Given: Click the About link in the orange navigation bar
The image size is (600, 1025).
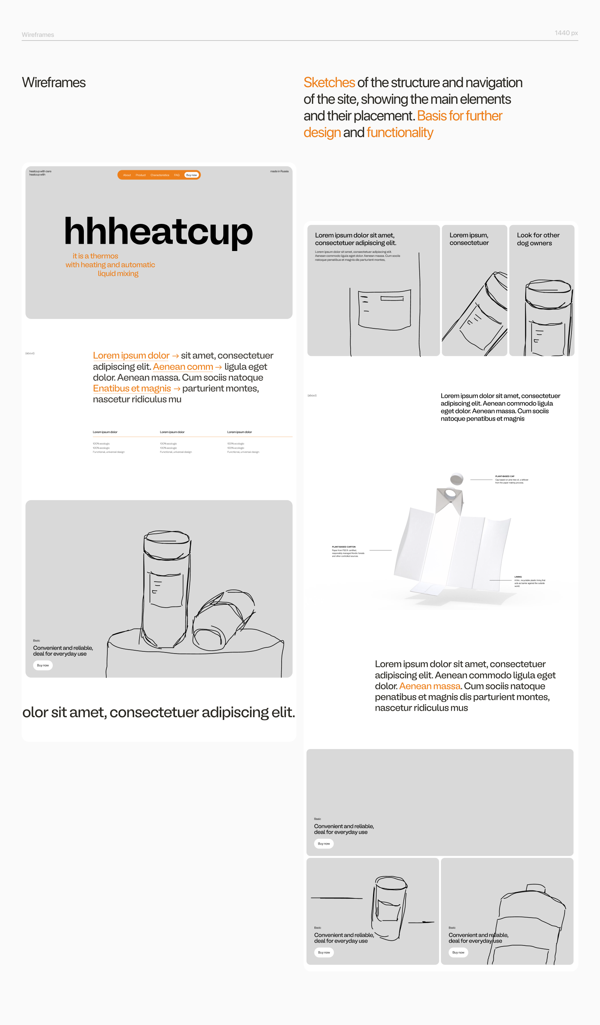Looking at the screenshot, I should pos(127,175).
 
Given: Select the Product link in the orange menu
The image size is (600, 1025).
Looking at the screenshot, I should pos(141,175).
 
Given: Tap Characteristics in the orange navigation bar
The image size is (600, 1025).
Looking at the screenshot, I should pos(160,175).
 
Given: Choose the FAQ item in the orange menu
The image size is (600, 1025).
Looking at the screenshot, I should pos(177,175).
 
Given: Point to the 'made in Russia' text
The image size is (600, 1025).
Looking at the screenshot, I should pos(279,171).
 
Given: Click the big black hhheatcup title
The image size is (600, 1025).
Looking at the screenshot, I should pos(159,231).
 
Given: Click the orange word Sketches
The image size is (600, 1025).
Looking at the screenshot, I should pos(329,82).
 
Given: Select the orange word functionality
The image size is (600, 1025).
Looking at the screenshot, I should pos(400,133).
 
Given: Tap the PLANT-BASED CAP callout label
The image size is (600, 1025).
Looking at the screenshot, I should pos(505,476).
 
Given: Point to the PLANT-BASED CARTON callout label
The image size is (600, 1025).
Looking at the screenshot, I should pos(343,546).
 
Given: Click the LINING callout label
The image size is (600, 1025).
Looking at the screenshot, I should pos(518,577).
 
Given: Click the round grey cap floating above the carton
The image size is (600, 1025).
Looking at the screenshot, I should pos(457,479).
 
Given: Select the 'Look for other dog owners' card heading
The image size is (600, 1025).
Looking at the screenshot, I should pos(538,239).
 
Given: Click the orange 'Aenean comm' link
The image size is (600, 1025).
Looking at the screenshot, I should pos(183,367).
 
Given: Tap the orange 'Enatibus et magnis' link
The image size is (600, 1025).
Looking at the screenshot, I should pos(132,388).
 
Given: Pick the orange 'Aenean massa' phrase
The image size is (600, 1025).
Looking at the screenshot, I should pos(430,686).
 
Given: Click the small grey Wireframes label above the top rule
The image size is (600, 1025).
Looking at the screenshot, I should pos(38,35).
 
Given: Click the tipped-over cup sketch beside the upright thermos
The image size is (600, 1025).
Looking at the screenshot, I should pos(224,618).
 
